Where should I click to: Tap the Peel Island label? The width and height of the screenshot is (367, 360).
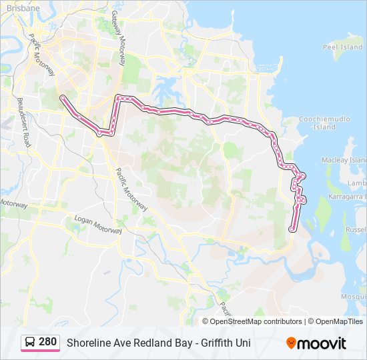(x=342, y=47)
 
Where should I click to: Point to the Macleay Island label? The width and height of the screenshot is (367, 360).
(x=353, y=160)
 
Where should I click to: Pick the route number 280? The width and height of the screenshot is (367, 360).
(x=47, y=342)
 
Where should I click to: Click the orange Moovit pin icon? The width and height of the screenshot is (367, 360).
(x=292, y=343)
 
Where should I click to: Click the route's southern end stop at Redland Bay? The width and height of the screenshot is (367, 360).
(x=292, y=230)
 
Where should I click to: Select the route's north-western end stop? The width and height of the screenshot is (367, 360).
(x=63, y=98)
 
